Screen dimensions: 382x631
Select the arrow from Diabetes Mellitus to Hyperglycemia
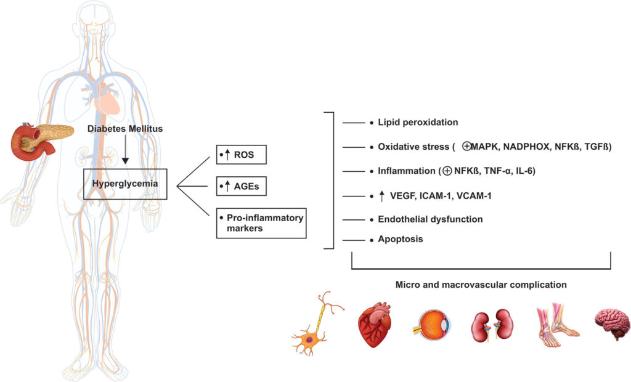point(126,151)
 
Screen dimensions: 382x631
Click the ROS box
point(242,154)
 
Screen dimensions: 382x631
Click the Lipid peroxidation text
point(418,123)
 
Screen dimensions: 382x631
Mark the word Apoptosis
point(401,239)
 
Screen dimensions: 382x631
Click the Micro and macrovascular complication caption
point(481,285)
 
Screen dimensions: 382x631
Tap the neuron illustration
point(315,325)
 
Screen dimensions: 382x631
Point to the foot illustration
point(556,324)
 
